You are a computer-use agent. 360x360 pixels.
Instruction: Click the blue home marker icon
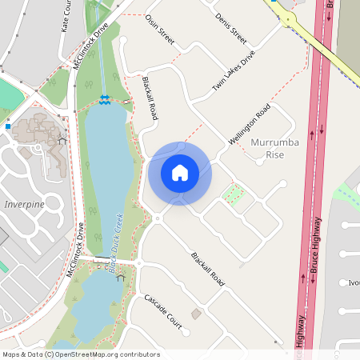180,173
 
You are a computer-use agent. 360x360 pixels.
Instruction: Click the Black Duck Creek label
116,243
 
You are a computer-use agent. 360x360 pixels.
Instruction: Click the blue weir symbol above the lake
105,98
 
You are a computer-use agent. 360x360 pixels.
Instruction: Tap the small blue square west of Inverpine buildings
8,126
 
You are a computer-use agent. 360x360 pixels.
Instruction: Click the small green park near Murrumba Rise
233,193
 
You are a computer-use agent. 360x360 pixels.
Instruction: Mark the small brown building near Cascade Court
197,314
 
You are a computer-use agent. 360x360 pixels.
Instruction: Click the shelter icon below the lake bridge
121,278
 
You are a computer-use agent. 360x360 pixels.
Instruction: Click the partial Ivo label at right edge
354,282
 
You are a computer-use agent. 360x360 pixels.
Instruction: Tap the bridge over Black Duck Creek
102,261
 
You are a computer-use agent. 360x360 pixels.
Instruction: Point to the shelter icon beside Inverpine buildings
61,142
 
